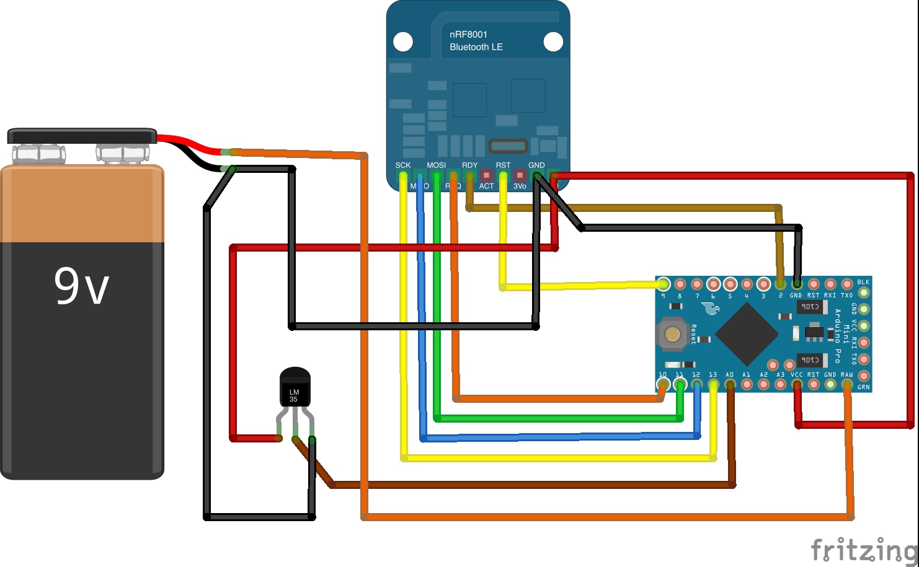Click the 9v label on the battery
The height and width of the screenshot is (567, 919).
click(81, 286)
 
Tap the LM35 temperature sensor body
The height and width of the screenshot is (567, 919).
click(295, 388)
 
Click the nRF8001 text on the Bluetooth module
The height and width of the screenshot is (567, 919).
click(468, 35)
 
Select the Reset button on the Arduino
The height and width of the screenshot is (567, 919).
click(672, 334)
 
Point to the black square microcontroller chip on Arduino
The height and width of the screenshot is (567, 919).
click(747, 334)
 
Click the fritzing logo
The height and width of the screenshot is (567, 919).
click(864, 549)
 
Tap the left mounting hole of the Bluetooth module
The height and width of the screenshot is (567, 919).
click(403, 42)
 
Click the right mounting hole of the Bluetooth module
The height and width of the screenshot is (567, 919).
click(553, 42)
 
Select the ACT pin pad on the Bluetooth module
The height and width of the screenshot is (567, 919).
click(486, 175)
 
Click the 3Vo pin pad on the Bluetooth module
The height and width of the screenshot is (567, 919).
click(520, 175)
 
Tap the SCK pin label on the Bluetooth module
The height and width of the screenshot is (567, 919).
click(403, 165)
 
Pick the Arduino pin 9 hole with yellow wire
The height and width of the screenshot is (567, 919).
click(664, 284)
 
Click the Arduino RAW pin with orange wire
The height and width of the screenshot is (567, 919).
click(847, 385)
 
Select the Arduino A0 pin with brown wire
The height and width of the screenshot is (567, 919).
click(730, 385)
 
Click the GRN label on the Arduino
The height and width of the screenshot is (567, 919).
click(863, 387)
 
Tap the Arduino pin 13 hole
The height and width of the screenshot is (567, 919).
click(713, 385)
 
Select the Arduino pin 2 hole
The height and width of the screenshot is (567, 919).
click(780, 284)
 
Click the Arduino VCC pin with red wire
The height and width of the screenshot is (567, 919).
click(797, 385)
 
